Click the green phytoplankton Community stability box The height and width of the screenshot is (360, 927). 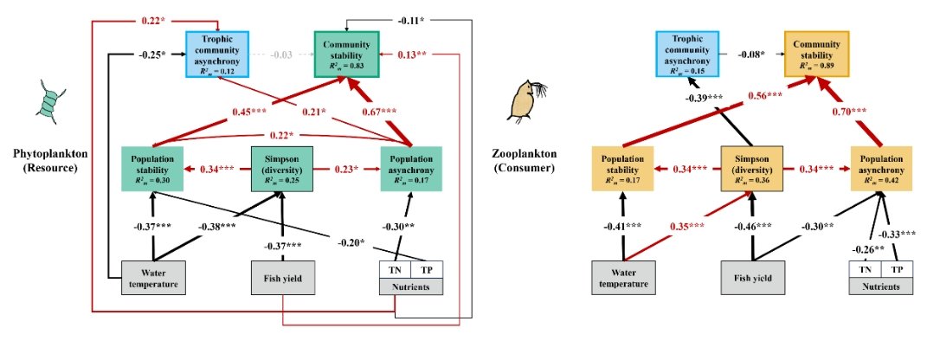tap(346, 55)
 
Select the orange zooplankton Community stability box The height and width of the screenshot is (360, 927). tap(816, 54)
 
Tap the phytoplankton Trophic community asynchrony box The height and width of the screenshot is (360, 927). tap(217, 55)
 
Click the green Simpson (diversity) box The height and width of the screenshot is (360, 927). tap(281, 169)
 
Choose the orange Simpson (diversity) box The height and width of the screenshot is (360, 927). tap(752, 169)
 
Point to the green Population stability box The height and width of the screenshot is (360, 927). tap(152, 169)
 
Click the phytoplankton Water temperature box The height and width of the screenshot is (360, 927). tap(153, 277)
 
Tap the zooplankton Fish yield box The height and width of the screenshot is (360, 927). tap(753, 277)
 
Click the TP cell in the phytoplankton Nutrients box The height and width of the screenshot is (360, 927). tap(426, 270)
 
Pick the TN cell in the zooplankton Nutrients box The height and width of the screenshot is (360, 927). tap(865, 270)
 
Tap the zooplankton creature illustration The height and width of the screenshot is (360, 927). tap(525, 101)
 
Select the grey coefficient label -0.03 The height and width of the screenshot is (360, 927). tap(280, 55)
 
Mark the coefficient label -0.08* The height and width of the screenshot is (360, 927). tap(752, 55)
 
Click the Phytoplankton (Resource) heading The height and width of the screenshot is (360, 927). tap(50, 160)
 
